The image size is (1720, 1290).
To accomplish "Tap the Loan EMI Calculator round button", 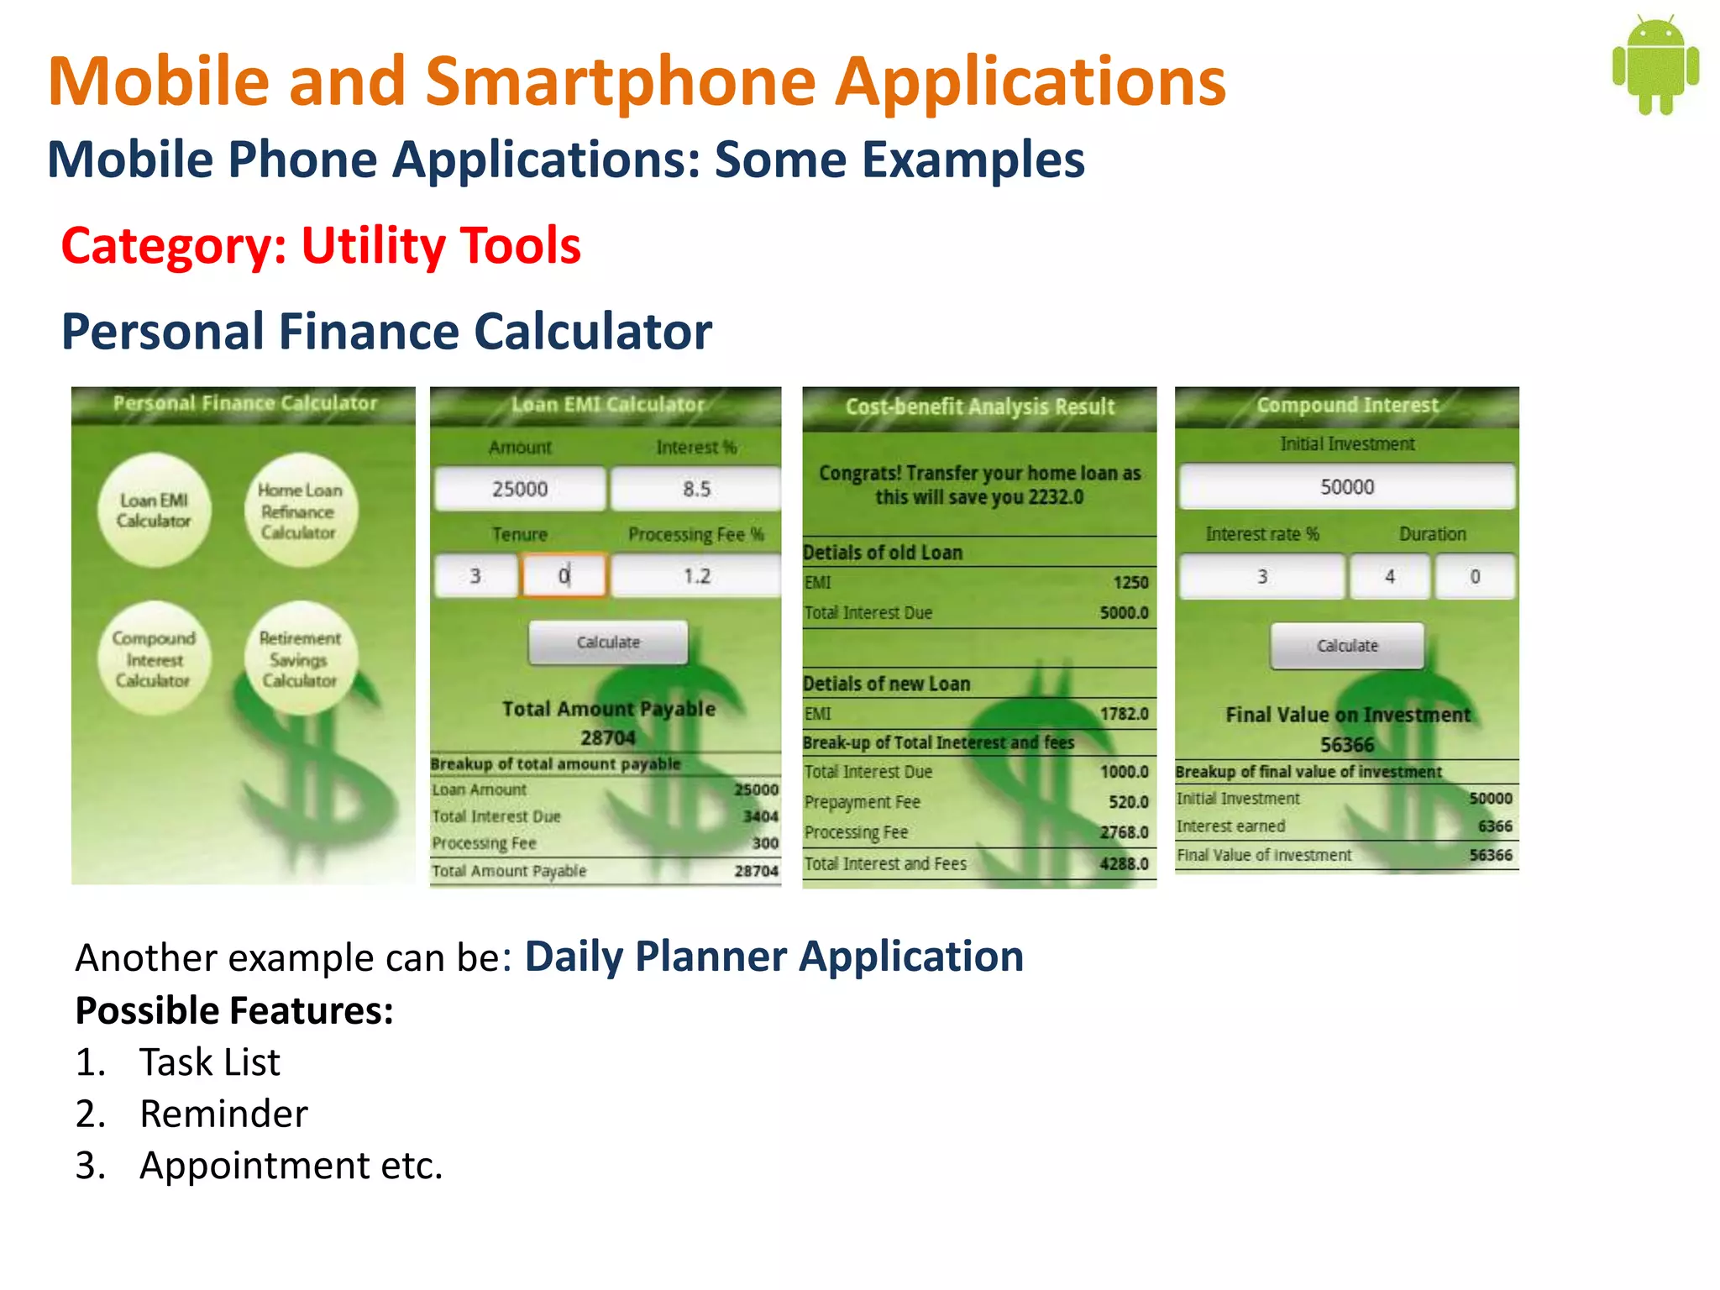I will [x=154, y=510].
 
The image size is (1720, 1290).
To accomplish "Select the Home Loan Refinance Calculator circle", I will [x=300, y=510].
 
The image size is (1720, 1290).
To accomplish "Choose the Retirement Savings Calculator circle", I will [x=300, y=659].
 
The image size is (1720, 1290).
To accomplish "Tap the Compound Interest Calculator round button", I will [x=154, y=659].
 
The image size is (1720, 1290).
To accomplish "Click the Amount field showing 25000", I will [x=520, y=489].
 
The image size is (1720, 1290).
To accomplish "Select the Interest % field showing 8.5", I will [x=696, y=489].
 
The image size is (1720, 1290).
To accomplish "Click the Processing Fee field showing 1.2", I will [x=696, y=576].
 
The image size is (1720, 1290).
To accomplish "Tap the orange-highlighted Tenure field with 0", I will [x=564, y=576].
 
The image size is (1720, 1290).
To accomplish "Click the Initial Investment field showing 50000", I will [x=1347, y=487].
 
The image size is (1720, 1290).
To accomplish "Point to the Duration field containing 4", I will [x=1389, y=577].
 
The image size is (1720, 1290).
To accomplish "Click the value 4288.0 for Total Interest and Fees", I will [x=1124, y=863].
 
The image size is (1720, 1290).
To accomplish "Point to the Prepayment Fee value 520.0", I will [x=1128, y=802].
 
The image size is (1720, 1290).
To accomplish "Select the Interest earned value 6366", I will [x=1495, y=826].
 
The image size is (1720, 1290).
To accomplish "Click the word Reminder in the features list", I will [x=223, y=1114].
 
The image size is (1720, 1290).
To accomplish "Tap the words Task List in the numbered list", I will [x=209, y=1062].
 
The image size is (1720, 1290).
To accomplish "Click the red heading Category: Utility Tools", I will [x=321, y=246].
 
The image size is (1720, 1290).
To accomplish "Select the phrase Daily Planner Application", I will [x=773, y=957].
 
